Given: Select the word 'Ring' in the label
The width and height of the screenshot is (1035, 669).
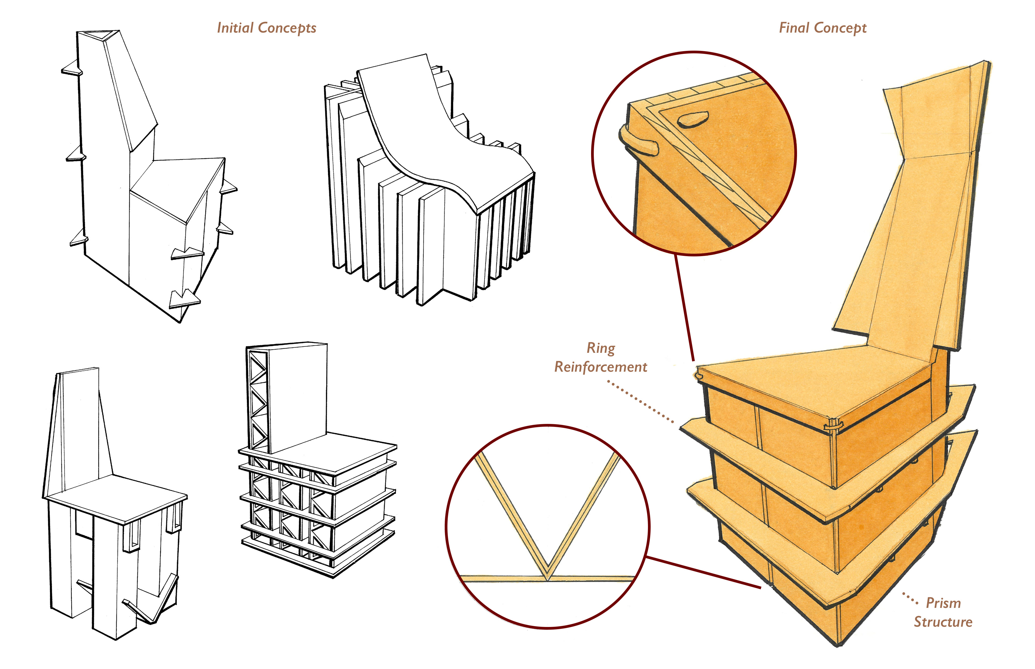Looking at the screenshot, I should [x=601, y=348].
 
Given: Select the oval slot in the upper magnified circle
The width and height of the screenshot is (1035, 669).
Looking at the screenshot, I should [x=693, y=119].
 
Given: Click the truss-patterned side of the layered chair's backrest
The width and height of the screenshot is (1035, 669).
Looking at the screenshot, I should [x=257, y=400].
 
